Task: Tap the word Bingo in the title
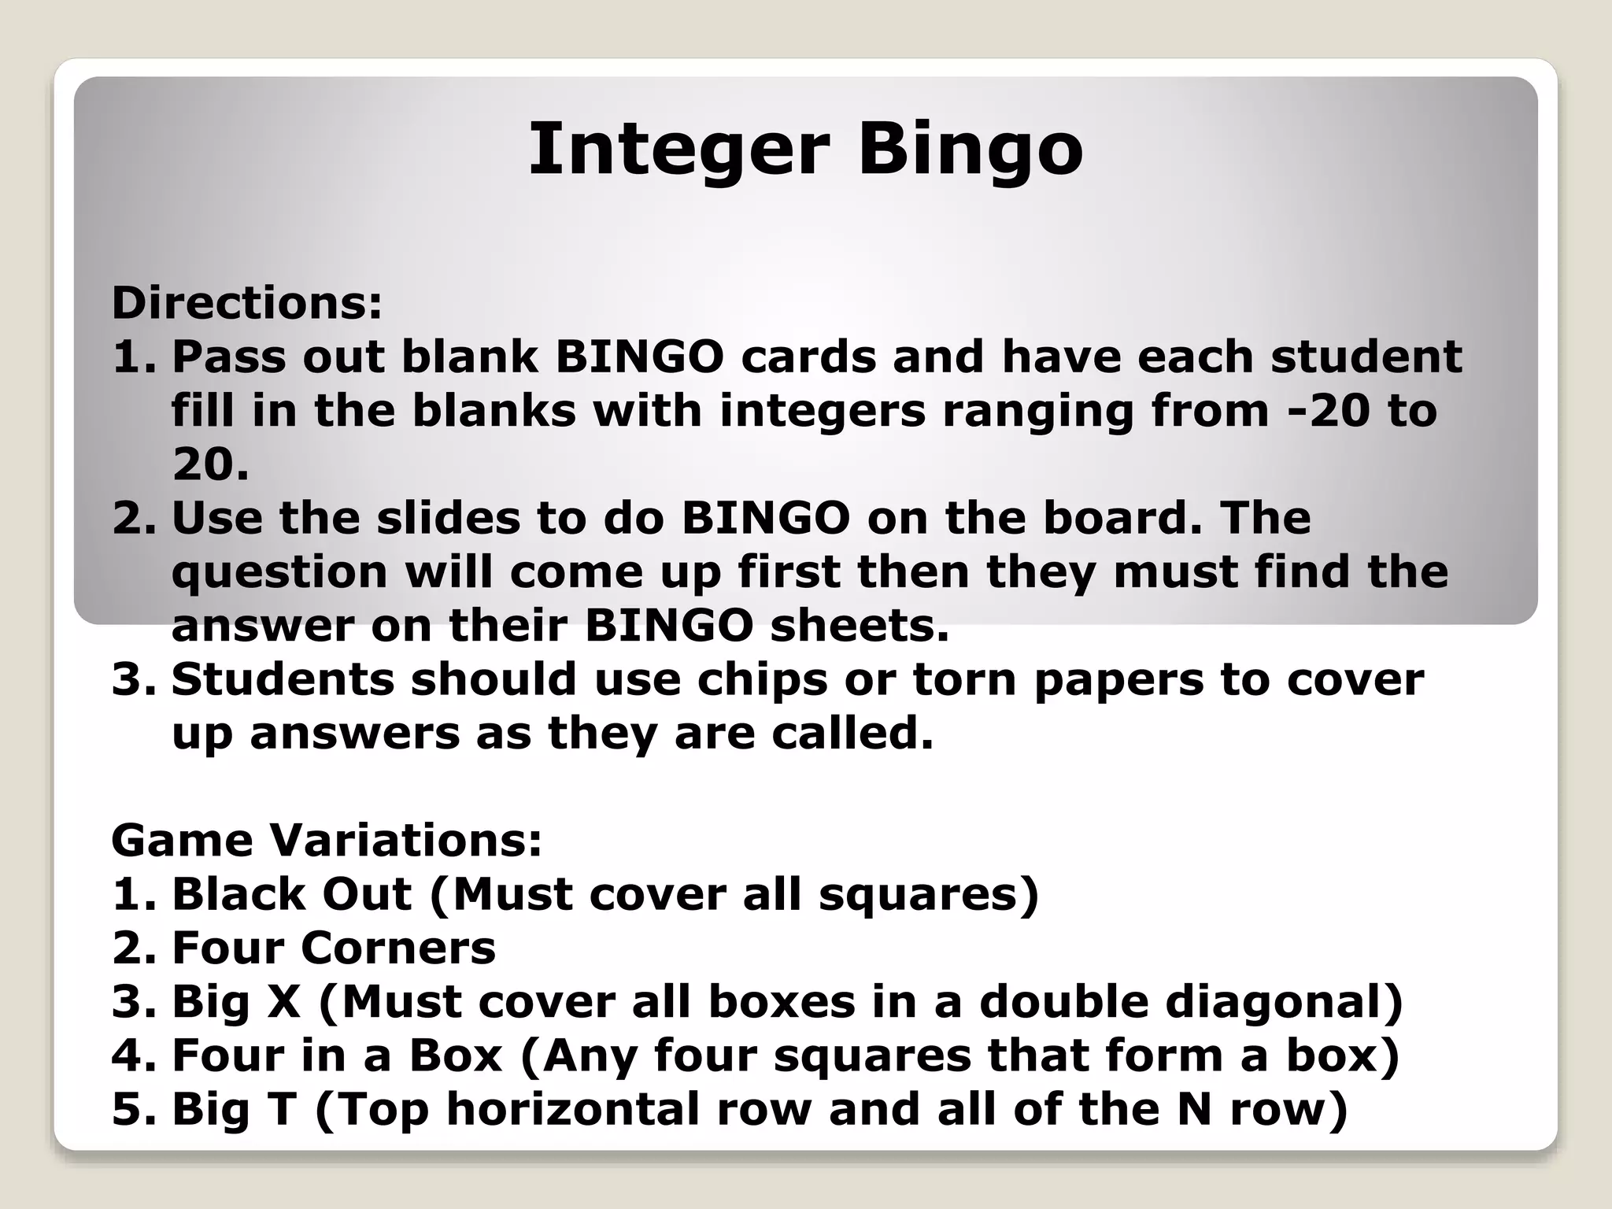click(x=971, y=150)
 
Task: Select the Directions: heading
click(x=246, y=303)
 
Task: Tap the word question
click(x=279, y=573)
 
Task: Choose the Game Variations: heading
click(x=327, y=841)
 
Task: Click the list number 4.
click(x=126, y=1056)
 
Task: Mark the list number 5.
click(x=126, y=1109)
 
